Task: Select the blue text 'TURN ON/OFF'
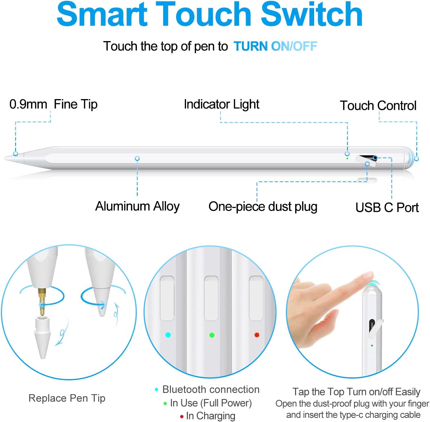(275, 46)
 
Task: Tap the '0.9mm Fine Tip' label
(53, 104)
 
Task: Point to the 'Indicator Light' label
(222, 104)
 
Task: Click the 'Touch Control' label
(378, 105)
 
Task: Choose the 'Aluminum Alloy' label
(137, 206)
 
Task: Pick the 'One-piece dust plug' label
(263, 207)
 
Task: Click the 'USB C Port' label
(387, 208)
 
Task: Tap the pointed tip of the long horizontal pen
(5, 158)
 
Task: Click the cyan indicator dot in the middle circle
(168, 335)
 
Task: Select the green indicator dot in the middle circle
(212, 335)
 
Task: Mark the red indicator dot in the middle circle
(257, 335)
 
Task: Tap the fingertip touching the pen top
(368, 276)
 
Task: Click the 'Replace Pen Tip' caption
(67, 398)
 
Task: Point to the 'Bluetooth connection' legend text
(211, 389)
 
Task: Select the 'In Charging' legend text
(210, 416)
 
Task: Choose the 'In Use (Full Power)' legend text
(211, 403)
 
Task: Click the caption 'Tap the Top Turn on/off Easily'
(356, 392)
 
